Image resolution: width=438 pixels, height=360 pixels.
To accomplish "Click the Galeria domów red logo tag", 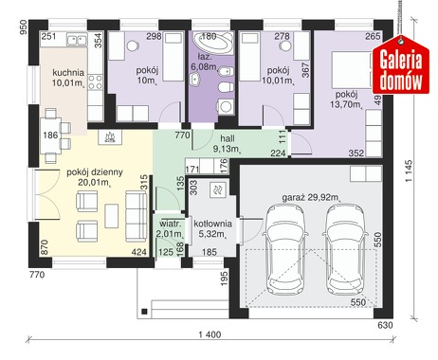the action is click(401, 64).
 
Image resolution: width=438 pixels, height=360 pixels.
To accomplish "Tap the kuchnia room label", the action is click(68, 73).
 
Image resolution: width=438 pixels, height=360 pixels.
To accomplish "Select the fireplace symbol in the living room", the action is click(110, 137).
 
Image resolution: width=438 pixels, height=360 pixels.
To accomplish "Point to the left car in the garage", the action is click(285, 249).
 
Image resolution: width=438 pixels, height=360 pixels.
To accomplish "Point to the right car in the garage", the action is click(345, 249).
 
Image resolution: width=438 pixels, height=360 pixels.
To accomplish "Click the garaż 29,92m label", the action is click(311, 198).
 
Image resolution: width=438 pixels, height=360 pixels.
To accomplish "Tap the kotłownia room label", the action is click(212, 224).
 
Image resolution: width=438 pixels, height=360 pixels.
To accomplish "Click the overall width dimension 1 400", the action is click(210, 334).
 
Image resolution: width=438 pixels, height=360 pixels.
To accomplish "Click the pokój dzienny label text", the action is click(95, 172).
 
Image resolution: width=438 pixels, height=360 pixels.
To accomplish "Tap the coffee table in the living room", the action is click(112, 216).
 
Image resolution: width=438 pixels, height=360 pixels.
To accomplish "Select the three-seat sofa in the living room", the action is click(137, 216).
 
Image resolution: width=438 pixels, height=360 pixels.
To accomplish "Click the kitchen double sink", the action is click(77, 40).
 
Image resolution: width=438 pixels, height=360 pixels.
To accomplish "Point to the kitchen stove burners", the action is click(95, 82).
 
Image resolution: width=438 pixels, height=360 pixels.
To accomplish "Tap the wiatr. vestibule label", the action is click(170, 224).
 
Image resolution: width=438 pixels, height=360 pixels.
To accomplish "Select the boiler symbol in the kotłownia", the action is click(218, 189).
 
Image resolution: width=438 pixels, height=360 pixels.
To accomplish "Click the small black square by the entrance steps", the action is click(144, 312).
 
